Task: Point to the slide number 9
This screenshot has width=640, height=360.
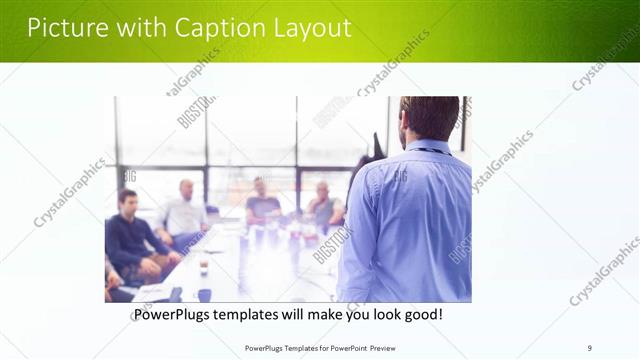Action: (x=589, y=347)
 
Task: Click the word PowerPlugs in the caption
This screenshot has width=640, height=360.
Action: (x=175, y=315)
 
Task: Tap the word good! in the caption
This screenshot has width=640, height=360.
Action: (x=421, y=315)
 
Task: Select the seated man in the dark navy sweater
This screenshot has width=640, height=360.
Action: (x=131, y=240)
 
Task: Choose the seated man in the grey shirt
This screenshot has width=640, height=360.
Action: (x=323, y=205)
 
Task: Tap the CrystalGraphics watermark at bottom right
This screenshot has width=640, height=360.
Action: (x=604, y=271)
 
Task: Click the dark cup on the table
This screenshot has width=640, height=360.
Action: (x=204, y=294)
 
